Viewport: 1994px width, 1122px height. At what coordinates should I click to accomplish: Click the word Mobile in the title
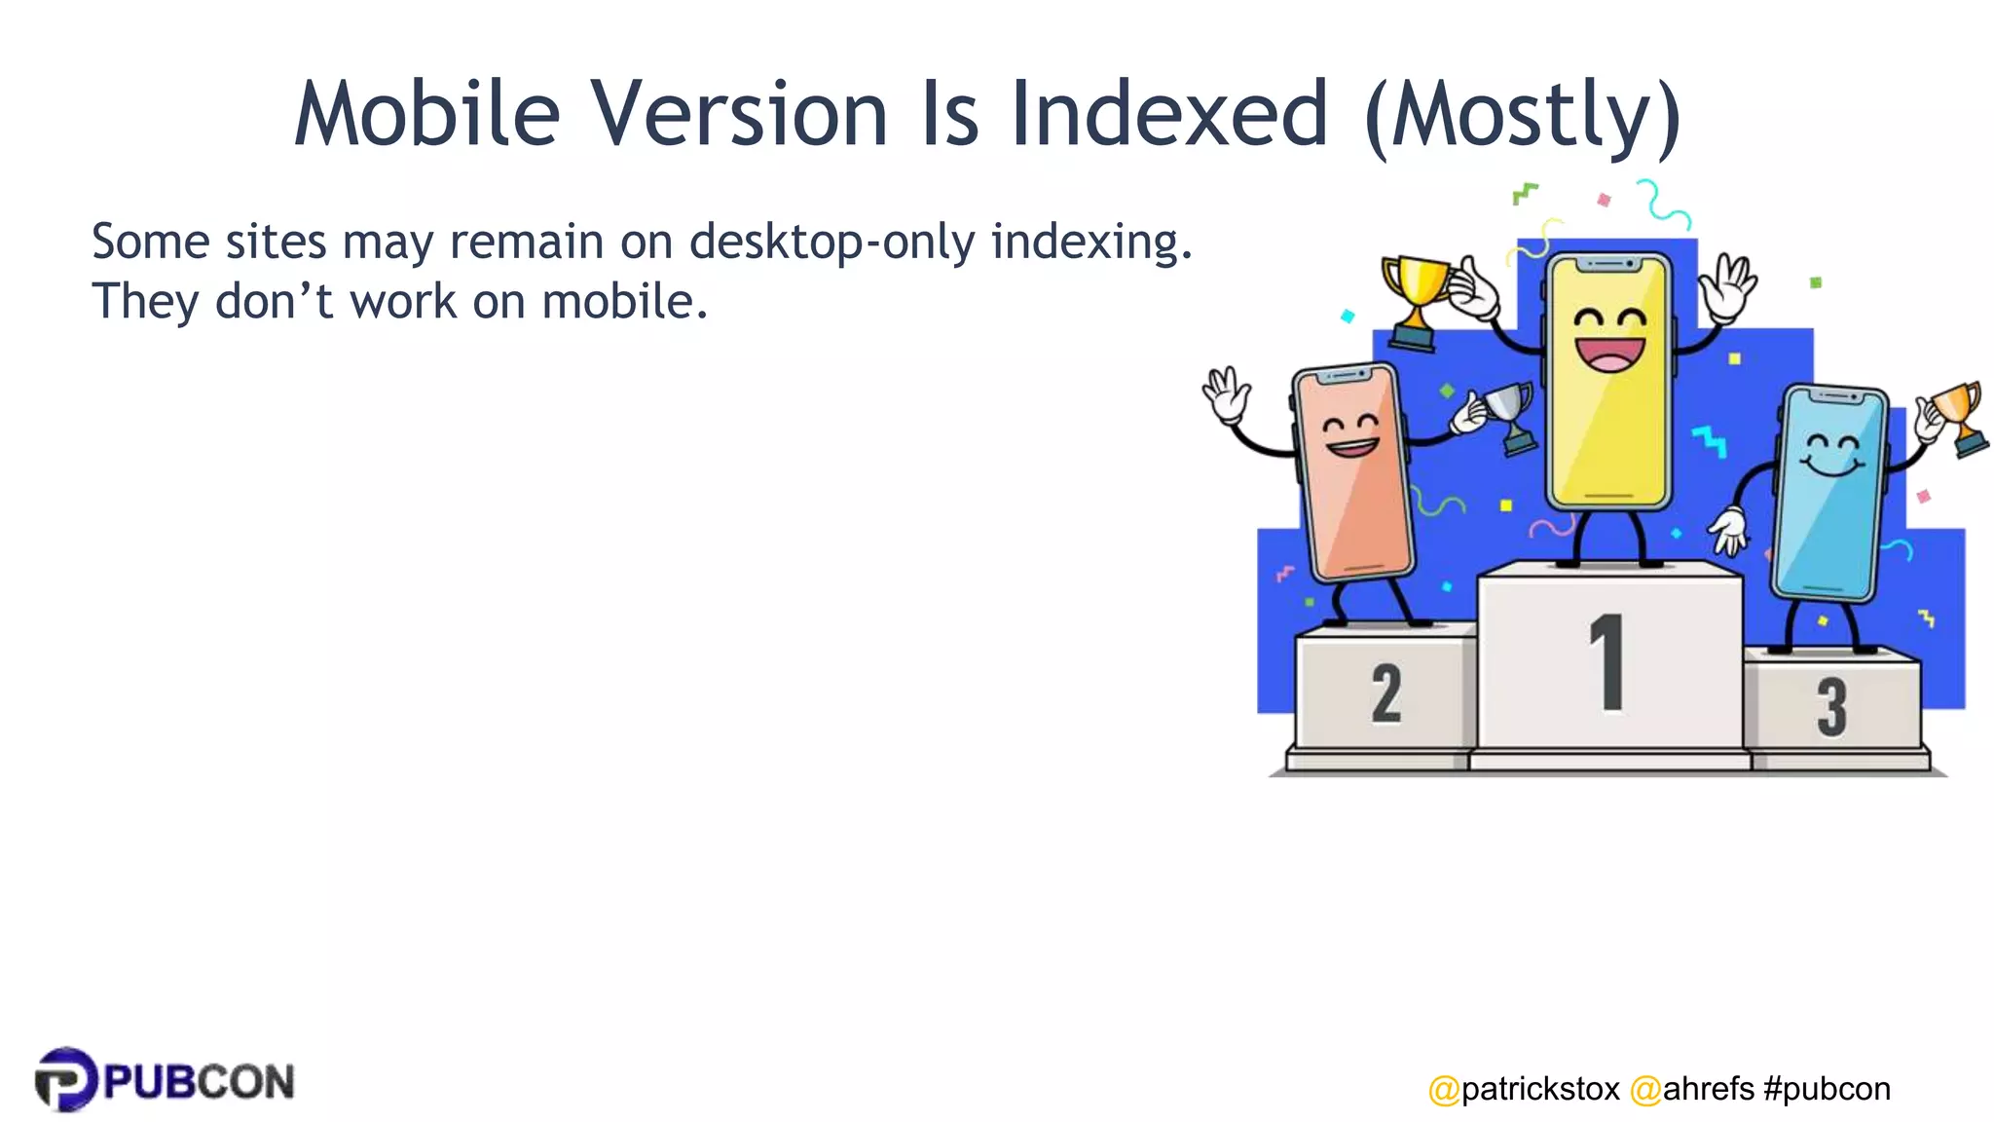coord(427,114)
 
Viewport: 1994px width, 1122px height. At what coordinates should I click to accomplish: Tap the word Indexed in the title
coord(1169,114)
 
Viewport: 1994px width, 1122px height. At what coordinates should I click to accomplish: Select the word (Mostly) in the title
coord(1523,117)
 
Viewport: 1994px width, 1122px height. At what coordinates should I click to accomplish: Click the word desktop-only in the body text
coord(831,243)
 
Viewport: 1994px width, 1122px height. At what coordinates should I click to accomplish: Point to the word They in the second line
coord(145,302)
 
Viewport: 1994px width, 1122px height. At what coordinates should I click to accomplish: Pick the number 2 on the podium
coord(1386,693)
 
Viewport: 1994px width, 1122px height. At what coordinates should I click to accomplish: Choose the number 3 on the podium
coord(1831,706)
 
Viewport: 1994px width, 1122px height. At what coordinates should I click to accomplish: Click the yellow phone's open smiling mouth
coord(1609,354)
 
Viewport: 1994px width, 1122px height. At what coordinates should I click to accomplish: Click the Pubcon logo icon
coord(65,1079)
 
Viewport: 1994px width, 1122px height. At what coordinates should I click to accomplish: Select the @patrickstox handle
coord(1524,1089)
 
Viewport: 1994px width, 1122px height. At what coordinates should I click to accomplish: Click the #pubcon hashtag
coord(1827,1089)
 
